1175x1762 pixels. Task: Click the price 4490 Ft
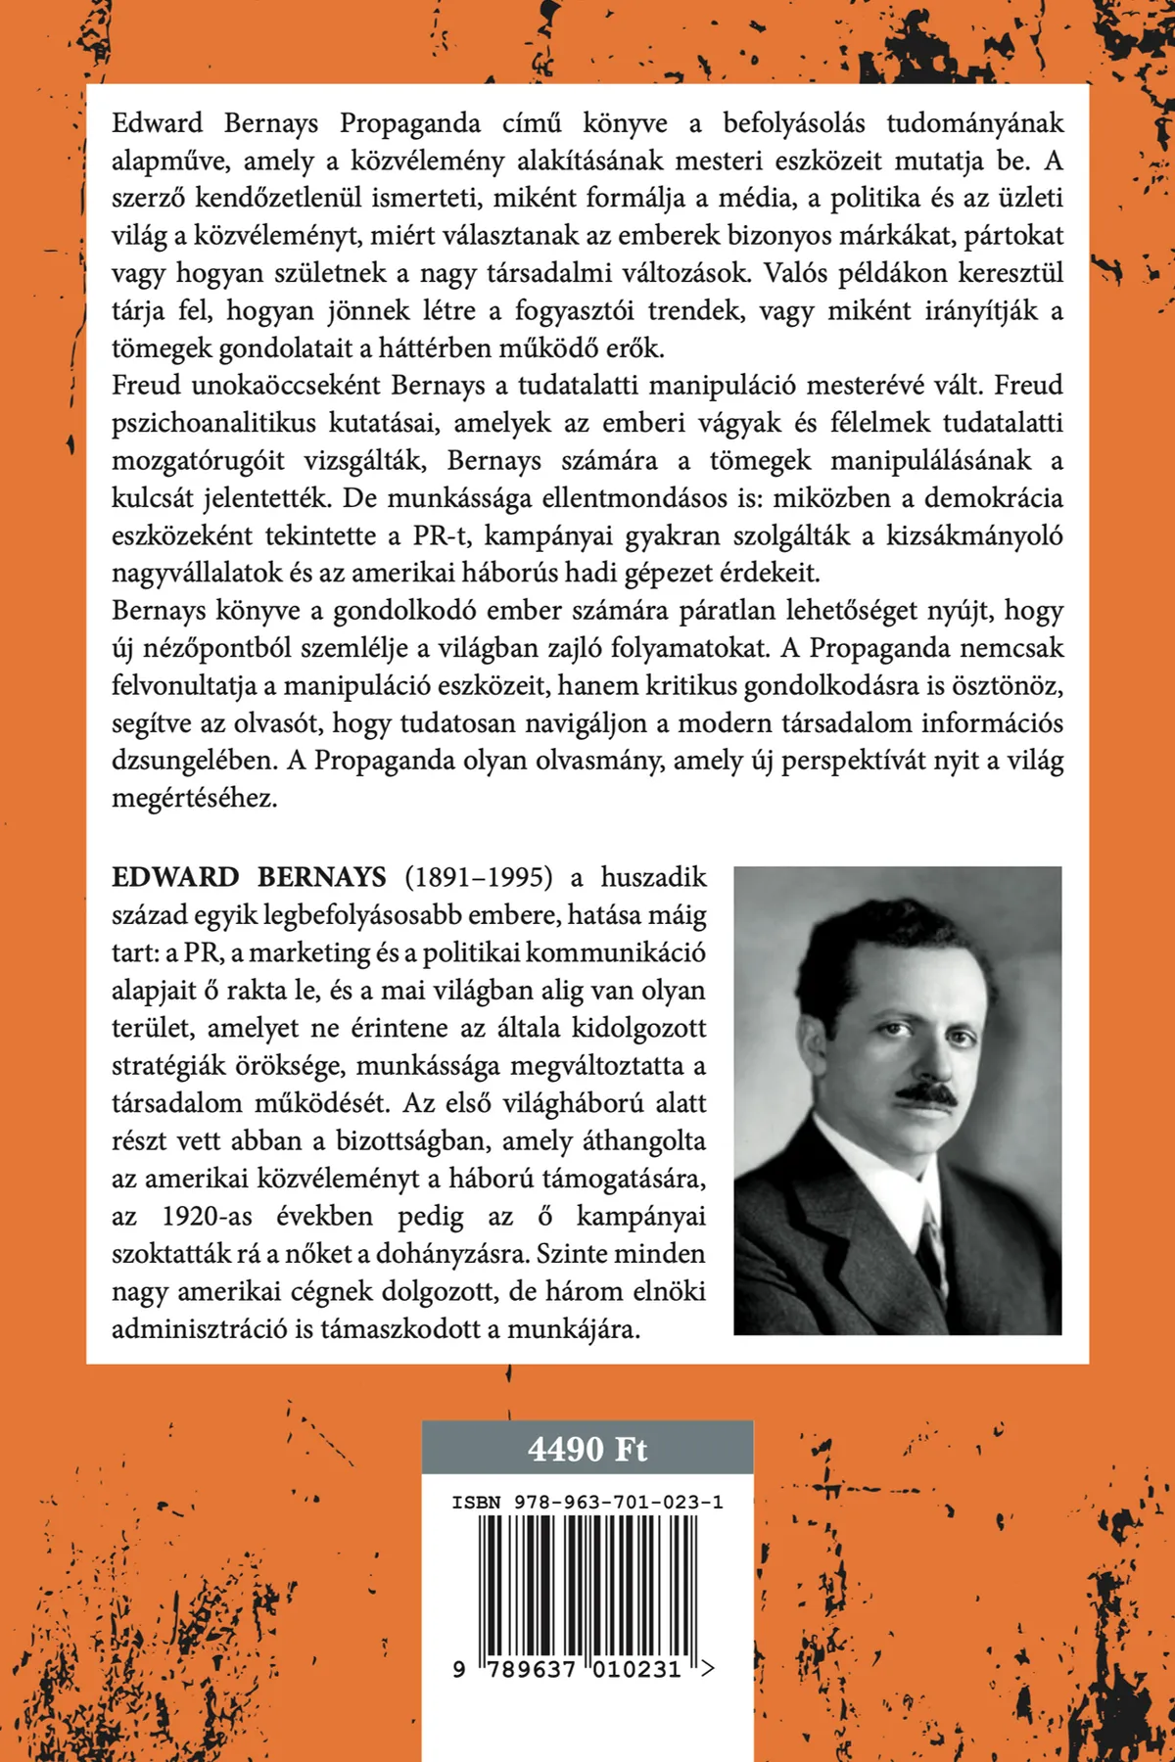(587, 1449)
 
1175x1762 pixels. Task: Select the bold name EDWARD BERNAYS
(249, 877)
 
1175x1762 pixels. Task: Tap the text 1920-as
(207, 1217)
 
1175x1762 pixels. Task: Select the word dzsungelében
(189, 761)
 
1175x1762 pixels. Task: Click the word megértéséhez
(194, 798)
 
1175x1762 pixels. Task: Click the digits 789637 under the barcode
(528, 1669)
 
